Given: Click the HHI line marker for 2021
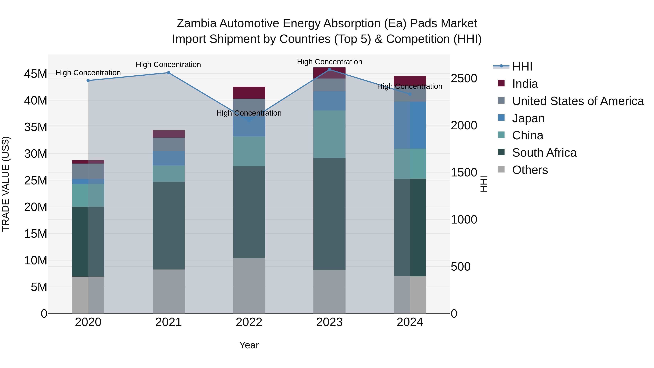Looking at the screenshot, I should click(x=168, y=73).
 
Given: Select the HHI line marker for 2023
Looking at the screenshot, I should click(x=329, y=69).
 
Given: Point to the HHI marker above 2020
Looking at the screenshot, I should click(x=88, y=81).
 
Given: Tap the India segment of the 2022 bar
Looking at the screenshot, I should click(x=249, y=93).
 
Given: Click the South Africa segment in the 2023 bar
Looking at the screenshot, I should click(x=329, y=214).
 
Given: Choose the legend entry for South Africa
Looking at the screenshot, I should click(x=544, y=153).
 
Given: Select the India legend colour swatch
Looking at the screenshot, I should click(x=501, y=83).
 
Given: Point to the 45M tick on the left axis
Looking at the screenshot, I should click(x=36, y=74).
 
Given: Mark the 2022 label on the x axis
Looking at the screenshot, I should click(x=249, y=322).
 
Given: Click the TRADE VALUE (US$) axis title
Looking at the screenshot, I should click(x=6, y=184).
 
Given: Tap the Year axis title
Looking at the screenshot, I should click(x=249, y=345).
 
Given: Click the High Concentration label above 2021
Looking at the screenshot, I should click(x=168, y=65).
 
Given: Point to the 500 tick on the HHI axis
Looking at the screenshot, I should click(x=460, y=267).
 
